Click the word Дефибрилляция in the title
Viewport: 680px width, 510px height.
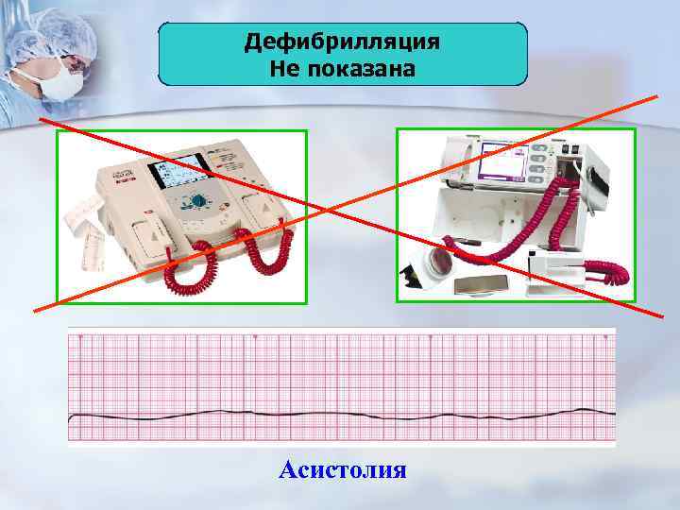pyautogui.click(x=341, y=43)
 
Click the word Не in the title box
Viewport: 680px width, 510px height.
pyautogui.click(x=282, y=68)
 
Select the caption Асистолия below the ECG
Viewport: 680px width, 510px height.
pyautogui.click(x=343, y=469)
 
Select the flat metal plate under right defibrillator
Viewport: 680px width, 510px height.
pyautogui.click(x=489, y=285)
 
